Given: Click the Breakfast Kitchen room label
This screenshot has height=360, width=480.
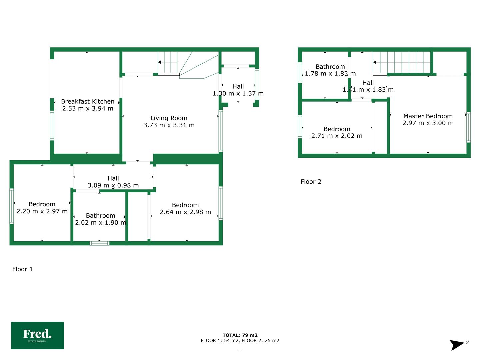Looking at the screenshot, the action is point(87,101).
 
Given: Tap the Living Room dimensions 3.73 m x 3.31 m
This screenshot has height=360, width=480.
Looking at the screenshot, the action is point(169,125).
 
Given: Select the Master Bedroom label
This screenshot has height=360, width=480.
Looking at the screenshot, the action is point(428,116).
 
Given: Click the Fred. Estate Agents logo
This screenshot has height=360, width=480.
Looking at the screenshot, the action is point(37,335).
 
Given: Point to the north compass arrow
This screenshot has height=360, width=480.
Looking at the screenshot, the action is point(457,345).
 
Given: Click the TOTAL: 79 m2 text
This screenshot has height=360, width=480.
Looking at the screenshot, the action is point(240,335).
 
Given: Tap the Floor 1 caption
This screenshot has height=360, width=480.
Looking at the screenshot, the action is point(22,269).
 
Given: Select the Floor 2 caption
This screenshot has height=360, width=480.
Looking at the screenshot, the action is point(311,181).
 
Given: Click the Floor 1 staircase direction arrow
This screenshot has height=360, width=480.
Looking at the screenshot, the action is point(168,62).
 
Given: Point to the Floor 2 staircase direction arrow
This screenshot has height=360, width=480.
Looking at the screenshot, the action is point(402,62).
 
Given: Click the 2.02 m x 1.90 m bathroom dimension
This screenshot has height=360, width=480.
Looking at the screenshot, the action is point(100,222).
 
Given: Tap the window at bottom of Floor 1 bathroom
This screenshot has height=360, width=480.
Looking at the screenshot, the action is point(99,243).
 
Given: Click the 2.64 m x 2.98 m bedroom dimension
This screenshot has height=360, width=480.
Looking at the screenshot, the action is point(185,212).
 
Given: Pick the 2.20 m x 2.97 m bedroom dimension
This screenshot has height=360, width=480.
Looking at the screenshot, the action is point(42,211).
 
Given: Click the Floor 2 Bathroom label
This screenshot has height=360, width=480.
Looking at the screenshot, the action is point(330,66).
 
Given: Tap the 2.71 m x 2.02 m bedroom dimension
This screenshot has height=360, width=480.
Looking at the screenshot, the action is point(337,136).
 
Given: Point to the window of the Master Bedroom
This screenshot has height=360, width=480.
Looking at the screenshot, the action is point(468,127).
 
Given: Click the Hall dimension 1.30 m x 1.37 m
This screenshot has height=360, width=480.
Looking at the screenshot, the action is point(238,93).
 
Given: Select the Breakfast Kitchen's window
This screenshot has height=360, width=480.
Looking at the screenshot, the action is point(52,125).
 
